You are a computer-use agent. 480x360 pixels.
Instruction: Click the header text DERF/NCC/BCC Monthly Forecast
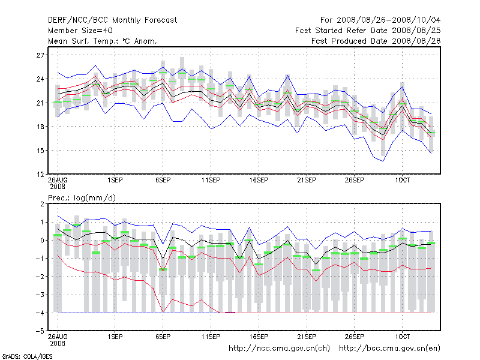tap(112, 20)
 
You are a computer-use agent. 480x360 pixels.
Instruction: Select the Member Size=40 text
tap(80, 31)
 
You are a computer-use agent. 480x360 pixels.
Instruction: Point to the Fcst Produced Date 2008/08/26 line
tap(375, 41)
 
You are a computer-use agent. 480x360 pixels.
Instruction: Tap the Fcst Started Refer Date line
tap(367, 31)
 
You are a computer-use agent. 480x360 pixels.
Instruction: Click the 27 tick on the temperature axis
tap(41, 55)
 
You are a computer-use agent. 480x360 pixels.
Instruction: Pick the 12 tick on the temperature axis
tap(41, 174)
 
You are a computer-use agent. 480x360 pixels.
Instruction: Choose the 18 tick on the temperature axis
tap(41, 127)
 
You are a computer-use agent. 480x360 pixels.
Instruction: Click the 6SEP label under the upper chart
tap(163, 180)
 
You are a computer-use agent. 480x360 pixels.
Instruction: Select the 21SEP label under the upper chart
tap(306, 180)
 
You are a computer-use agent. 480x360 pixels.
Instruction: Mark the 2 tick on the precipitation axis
tap(42, 204)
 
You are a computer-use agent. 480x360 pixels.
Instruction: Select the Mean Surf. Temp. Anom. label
tap(103, 41)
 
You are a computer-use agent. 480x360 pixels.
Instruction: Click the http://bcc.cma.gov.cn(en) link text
tap(389, 348)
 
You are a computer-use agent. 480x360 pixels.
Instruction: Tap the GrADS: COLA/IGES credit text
tap(23, 356)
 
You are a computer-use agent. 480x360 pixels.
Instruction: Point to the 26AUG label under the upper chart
tap(58, 180)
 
